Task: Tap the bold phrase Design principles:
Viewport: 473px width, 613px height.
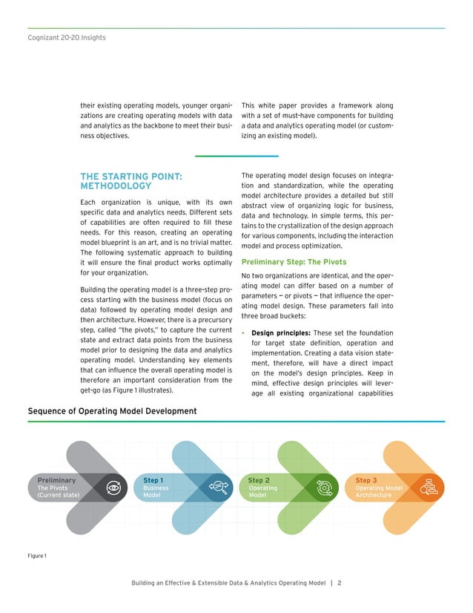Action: click(280, 333)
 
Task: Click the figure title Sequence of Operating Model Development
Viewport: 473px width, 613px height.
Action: click(112, 411)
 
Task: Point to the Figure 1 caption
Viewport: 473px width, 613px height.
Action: click(37, 556)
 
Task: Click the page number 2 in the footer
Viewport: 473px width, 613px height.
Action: click(339, 583)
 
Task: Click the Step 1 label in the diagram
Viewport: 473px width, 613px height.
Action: click(153, 480)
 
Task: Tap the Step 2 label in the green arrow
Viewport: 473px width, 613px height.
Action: click(259, 480)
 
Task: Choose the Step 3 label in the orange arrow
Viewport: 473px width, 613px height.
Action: click(366, 480)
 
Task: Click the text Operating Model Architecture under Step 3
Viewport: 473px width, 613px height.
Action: click(379, 492)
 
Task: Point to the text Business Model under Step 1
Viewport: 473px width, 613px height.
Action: click(156, 492)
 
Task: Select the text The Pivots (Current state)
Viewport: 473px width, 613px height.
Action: click(59, 492)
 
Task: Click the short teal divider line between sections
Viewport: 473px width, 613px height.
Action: click(236, 156)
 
